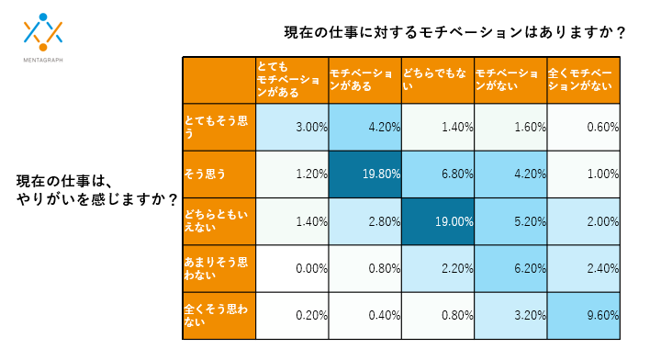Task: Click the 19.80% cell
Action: coord(364,174)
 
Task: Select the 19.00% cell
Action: coord(437,221)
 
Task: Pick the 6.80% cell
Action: coord(437,174)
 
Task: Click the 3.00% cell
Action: coord(292,127)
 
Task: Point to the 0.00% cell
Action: coord(292,269)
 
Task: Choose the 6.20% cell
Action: coord(510,269)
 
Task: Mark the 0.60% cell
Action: coord(583,127)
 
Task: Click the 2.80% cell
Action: coord(364,221)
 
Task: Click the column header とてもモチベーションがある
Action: coord(292,81)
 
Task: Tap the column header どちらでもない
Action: coord(437,81)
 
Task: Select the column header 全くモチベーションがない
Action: coord(583,81)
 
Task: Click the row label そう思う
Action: coord(218,174)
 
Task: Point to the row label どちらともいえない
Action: coord(218,221)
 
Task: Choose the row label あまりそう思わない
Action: coord(218,269)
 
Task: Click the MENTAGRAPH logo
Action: coord(44,38)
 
